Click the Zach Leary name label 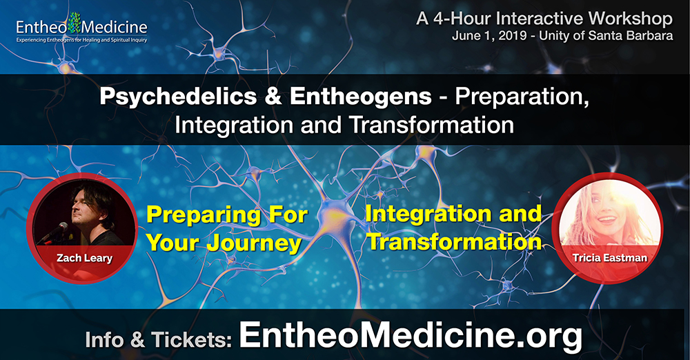point(84,257)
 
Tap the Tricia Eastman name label point(609,257)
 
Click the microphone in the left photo point(55,232)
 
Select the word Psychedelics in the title point(178,97)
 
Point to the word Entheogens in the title point(360,97)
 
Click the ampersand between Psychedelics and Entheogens point(273,96)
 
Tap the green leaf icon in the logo point(74,23)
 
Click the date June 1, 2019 point(489,35)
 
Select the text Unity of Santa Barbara point(606,35)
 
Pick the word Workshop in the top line point(630,19)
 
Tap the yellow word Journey point(254,243)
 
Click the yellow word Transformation point(454,241)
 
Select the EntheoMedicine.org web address point(411,335)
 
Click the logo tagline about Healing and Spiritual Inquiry point(82,40)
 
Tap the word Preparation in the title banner point(522,97)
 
